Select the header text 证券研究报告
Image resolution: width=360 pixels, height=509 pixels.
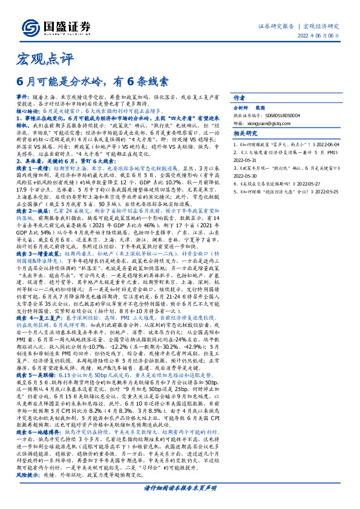276,26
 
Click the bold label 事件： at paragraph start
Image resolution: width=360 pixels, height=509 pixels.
22,97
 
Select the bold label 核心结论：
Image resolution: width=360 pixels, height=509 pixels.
28,112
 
